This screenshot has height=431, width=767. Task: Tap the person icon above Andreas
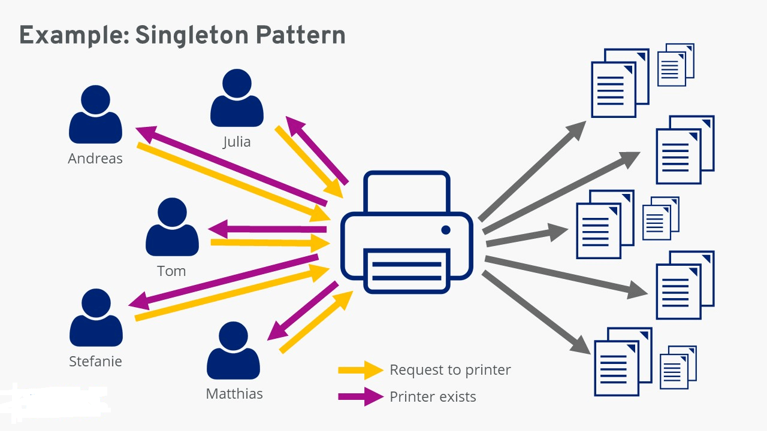95,114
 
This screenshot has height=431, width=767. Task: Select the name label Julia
237,142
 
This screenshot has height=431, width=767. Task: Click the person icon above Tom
172,227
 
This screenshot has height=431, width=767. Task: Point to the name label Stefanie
95,362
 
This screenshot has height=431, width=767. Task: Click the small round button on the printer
445,230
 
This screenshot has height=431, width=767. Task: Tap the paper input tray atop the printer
407,192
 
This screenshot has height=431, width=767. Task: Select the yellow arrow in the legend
360,371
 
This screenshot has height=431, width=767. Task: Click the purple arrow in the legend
360,396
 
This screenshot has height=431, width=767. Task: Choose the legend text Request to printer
450,370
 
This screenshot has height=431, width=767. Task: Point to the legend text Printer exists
433,396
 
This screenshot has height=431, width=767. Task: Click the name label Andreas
95,159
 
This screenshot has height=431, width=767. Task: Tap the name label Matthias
234,394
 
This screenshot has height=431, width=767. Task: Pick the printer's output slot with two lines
407,270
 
